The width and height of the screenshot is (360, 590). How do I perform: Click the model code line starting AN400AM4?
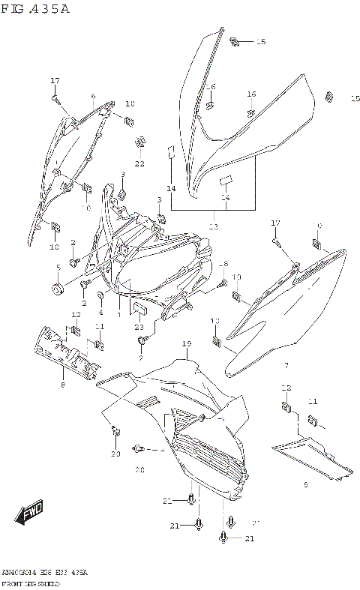pos(44,572)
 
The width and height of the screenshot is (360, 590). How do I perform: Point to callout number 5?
pos(58,268)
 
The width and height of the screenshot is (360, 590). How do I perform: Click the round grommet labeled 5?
pos(57,289)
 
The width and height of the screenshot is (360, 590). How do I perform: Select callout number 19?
pos(185,343)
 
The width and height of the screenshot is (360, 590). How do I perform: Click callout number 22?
pos(139,163)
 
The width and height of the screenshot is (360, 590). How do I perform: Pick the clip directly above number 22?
pos(140,142)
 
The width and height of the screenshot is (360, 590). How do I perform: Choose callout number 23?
pos(139,327)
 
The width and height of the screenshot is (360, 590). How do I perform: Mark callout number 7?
pos(286,365)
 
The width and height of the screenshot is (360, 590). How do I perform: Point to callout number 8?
pos(63,385)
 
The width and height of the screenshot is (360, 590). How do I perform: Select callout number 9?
pos(306,485)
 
